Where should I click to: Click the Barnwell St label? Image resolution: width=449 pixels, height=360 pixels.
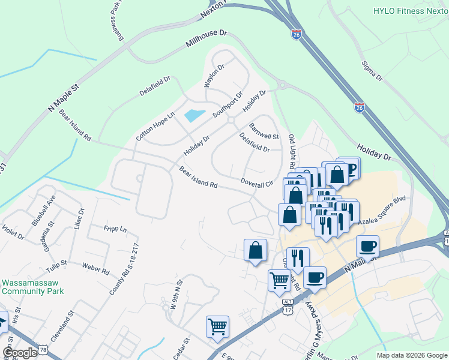point(264,131)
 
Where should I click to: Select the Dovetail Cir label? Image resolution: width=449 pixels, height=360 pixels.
point(256,182)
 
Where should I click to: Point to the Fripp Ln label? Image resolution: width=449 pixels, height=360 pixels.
point(115,230)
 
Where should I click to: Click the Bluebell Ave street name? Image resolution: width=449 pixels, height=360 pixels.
point(44,209)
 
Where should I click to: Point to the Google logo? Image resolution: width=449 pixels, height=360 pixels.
point(20,353)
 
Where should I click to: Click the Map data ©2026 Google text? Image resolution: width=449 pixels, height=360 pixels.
point(411,355)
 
